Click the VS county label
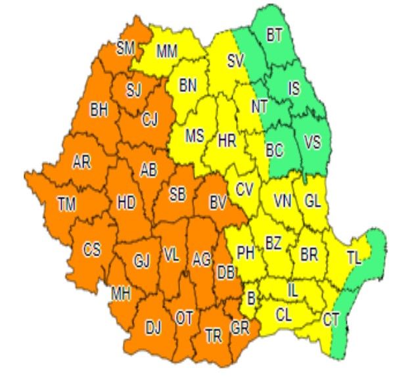pyautogui.click(x=312, y=142)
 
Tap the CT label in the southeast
pyautogui.click(x=331, y=320)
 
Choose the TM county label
pyautogui.click(x=66, y=204)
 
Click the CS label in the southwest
pyautogui.click(x=91, y=250)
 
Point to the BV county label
pyautogui.click(x=218, y=204)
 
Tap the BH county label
pyautogui.click(x=99, y=110)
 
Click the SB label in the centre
pyautogui.click(x=177, y=194)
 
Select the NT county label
pyautogui.click(x=260, y=105)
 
